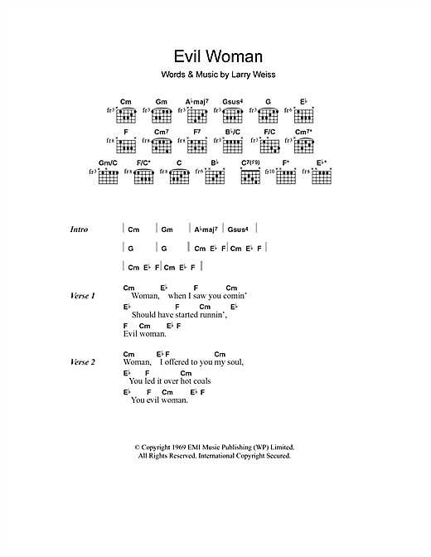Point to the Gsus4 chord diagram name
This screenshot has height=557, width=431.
233,101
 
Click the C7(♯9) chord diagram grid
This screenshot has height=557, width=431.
251,177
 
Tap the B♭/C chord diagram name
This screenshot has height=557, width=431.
233,132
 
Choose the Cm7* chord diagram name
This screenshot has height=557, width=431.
303,132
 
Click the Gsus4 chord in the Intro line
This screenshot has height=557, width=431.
239,230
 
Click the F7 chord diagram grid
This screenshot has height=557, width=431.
197,145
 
